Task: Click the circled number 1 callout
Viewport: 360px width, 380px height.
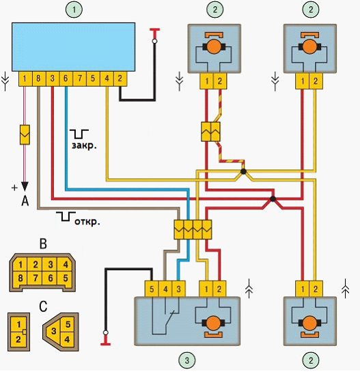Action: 74,10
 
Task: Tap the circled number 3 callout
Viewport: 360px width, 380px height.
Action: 186,360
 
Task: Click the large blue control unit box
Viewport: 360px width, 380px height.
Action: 74,47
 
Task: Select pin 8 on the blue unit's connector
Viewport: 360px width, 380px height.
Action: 38,78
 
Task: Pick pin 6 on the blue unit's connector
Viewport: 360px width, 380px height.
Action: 66,78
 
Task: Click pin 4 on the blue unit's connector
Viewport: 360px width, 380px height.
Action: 107,78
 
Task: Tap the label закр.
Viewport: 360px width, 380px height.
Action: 84,145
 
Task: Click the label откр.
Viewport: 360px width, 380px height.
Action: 87,222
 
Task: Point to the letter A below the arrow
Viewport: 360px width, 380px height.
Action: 25,201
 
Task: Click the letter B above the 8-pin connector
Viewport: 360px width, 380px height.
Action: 43,244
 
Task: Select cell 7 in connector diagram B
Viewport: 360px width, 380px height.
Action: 36,278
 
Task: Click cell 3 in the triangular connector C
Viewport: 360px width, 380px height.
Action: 54,331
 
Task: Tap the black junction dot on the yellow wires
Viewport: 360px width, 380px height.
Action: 243,172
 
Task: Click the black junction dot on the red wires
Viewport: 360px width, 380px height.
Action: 273,199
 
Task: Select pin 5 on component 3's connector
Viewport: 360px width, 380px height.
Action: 152,289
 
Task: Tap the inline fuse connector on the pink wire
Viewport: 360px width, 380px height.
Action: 25,135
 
